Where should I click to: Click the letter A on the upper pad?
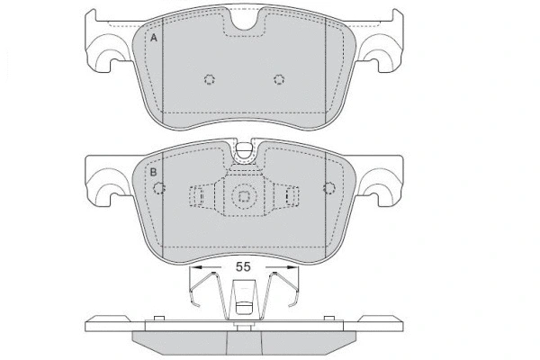coord(154,39)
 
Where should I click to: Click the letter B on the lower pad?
coord(154,171)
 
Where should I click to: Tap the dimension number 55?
coord(243,267)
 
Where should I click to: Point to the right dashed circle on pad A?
coord(277,79)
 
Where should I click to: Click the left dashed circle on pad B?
coord(161,189)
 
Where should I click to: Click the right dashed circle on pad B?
coord(329,189)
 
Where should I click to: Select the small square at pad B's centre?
coord(243,195)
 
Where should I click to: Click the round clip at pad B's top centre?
coord(243,151)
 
